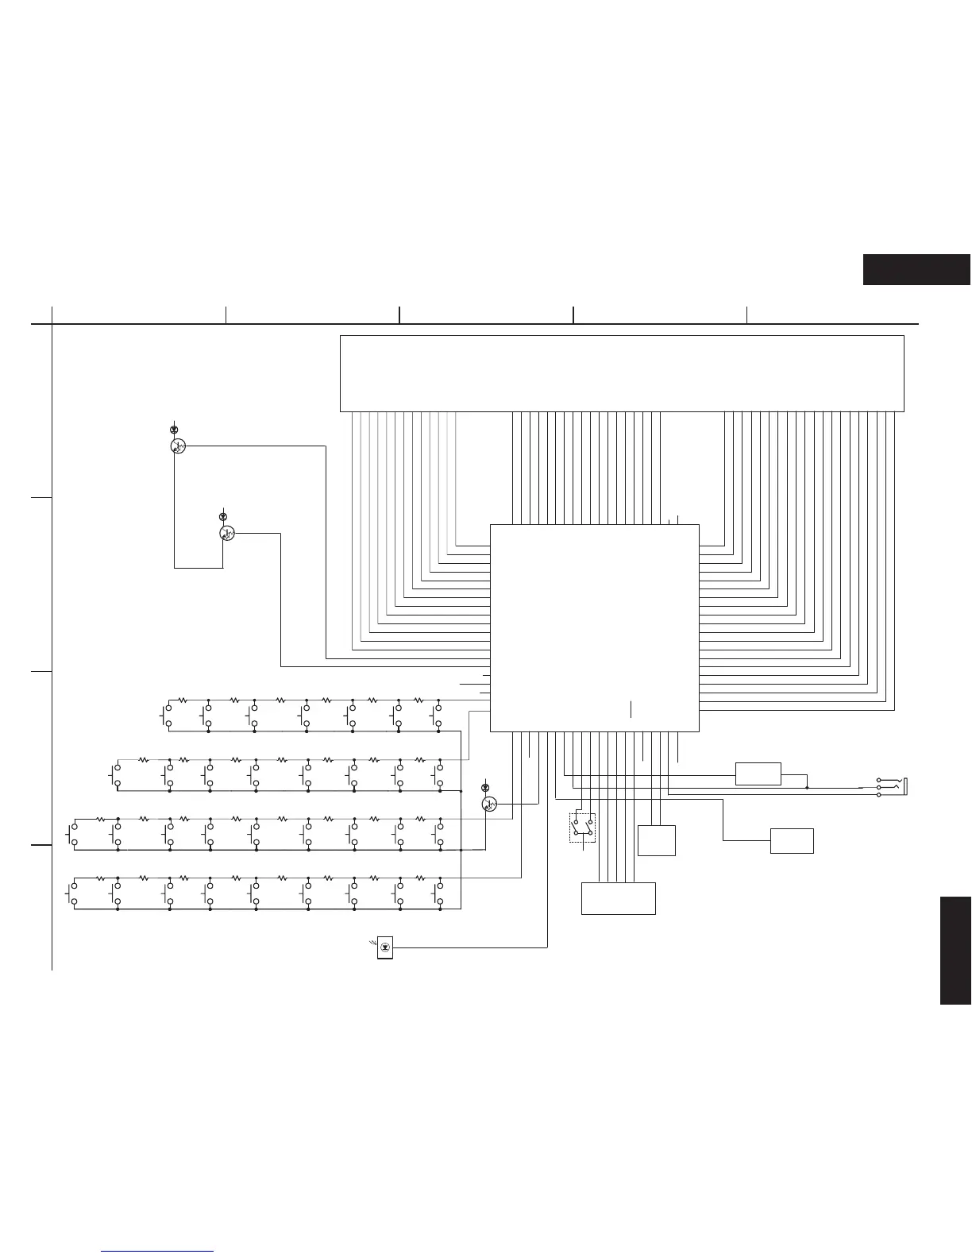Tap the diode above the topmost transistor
click(x=174, y=430)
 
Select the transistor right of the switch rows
click(x=490, y=804)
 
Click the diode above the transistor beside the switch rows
click(x=486, y=787)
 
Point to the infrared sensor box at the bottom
click(x=386, y=947)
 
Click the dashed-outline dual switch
click(x=582, y=828)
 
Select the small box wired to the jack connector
click(x=758, y=774)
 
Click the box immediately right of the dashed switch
click(x=656, y=840)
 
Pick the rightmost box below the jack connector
click(x=792, y=840)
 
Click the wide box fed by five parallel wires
click(x=618, y=897)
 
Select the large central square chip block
click(x=594, y=627)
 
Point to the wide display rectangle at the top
click(x=622, y=373)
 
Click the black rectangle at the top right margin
click(x=916, y=269)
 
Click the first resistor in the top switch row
click(x=182, y=700)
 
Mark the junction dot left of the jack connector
click(x=807, y=788)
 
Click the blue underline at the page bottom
click(x=158, y=1252)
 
